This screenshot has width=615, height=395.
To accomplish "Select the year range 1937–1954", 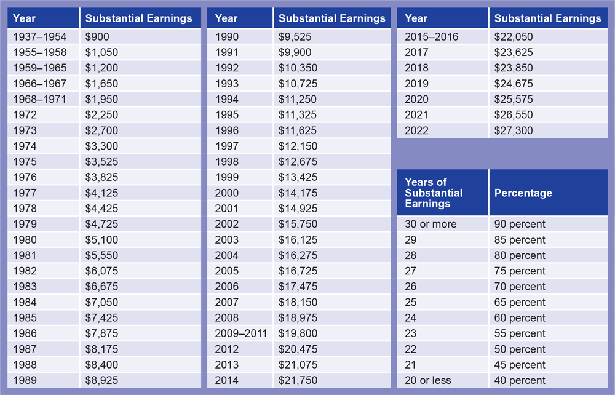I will pos(40,37).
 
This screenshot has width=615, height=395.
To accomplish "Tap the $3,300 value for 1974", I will pos(101,146).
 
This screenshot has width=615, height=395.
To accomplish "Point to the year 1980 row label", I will pos(25,240).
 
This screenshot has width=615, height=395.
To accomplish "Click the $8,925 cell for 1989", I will pos(101,380).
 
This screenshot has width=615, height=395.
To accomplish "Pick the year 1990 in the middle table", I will pos(227,37).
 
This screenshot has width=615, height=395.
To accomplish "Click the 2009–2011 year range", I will pos(242,333).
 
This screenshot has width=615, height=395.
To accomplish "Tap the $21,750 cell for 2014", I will pos(298,380).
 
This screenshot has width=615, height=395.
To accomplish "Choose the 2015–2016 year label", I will pos(431,37).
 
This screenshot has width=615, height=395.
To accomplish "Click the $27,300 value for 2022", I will pos(514,130).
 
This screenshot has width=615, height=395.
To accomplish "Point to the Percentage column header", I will pos(523,193).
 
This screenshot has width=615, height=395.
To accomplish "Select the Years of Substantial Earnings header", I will pos(434,193).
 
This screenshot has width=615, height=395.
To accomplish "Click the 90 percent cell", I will pos(520,224).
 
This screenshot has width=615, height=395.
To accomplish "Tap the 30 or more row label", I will pos(430,224).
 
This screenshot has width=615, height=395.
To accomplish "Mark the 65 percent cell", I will pos(520,302).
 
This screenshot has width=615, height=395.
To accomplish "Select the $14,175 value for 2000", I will pos(298,193).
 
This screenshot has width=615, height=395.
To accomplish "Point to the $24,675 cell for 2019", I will pos(514,84).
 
